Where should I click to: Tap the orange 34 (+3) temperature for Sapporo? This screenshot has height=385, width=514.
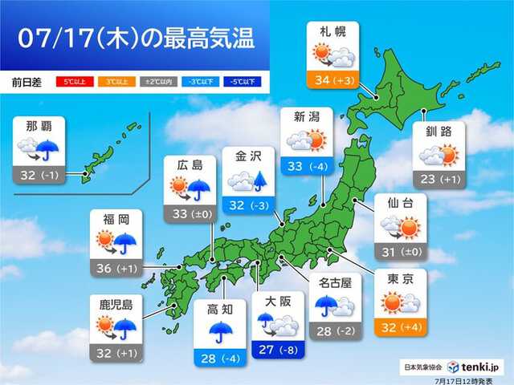click(332, 79)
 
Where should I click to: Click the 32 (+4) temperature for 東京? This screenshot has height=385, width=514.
click(400, 328)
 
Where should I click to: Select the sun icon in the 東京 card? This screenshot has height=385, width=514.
click(393, 302)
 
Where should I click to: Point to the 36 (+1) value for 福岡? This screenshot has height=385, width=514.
click(118, 268)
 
